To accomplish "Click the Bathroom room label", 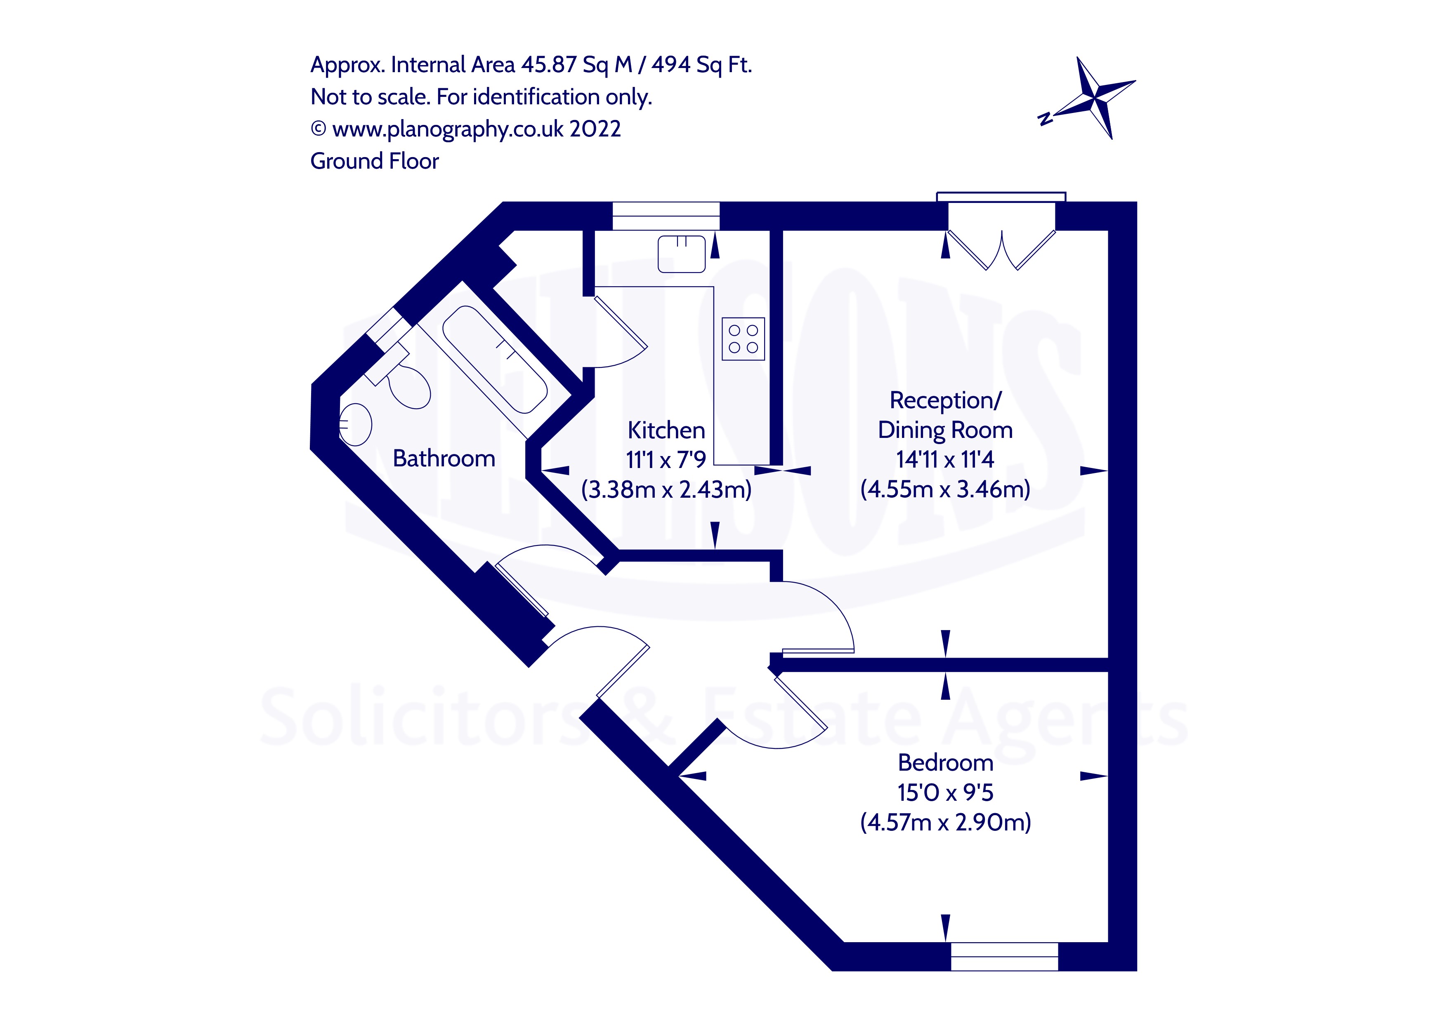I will coord(444,459).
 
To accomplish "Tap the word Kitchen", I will coord(666,430).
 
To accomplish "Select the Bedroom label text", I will coord(945,763).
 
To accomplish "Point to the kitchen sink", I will coord(681,254).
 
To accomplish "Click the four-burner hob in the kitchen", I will coord(743,339).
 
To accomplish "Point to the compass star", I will coord(1097,98).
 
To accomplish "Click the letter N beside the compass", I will coord(1044,118).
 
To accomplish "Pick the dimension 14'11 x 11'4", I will coord(945,460).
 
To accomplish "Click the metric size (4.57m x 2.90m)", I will coord(945,822).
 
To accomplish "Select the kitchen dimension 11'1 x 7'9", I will coord(666,460).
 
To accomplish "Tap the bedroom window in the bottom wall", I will coord(1004,956).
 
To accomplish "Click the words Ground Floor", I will coord(374,161).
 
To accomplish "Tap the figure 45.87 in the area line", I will coord(549,65).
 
